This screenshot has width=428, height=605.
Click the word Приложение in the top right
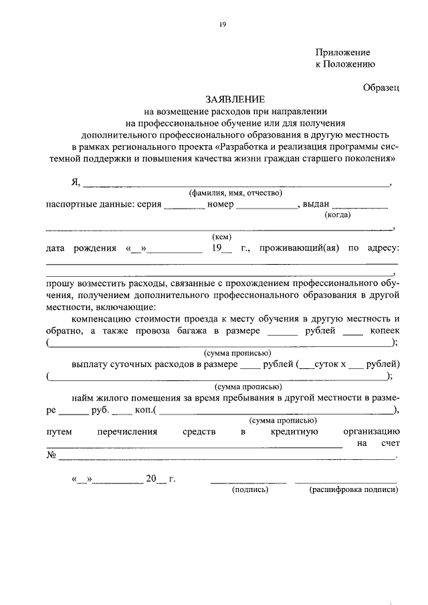[342, 52]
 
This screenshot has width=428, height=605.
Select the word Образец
[381, 87]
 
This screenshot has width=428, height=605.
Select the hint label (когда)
[338, 215]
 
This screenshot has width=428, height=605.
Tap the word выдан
[316, 204]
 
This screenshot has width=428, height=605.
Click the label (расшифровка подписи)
[353, 489]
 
